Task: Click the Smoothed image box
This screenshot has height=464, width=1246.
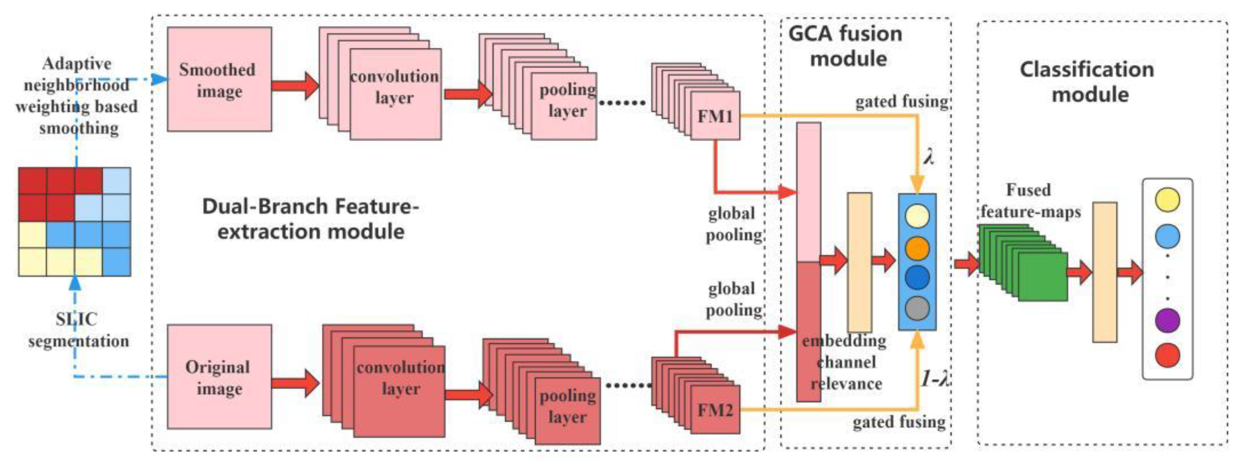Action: click(x=219, y=79)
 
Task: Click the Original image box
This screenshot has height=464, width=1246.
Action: click(x=219, y=377)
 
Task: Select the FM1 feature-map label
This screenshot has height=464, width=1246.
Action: click(x=715, y=116)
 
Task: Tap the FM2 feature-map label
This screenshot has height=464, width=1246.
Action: click(x=715, y=410)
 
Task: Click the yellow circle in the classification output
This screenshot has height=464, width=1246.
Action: click(x=1167, y=200)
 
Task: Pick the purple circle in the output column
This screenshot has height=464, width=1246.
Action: click(x=1167, y=320)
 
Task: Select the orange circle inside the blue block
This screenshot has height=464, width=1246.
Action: click(x=916, y=248)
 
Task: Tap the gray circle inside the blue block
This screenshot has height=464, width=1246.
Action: click(x=916, y=308)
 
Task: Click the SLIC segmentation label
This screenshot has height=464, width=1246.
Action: click(x=78, y=330)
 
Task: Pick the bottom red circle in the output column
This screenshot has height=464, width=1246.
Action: click(x=1167, y=355)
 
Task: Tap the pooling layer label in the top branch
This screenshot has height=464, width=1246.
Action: click(x=567, y=100)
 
